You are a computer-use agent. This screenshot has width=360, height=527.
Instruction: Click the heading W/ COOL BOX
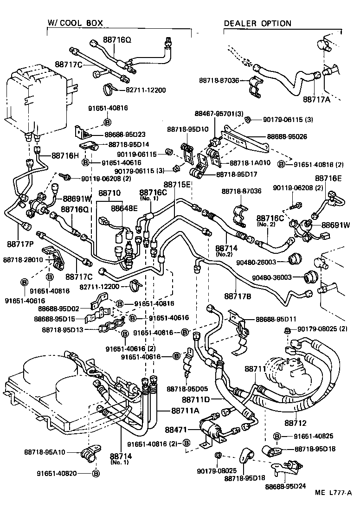75,23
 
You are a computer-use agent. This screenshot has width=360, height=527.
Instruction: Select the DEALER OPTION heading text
257,23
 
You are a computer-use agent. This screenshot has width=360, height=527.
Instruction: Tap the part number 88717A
317,99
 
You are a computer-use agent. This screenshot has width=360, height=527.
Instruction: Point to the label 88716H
65,155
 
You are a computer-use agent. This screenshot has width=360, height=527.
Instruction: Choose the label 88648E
124,208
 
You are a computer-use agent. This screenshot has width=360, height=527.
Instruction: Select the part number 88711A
185,410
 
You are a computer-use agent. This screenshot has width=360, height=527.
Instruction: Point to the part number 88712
296,423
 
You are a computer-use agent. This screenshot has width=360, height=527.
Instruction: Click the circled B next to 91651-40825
276,436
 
